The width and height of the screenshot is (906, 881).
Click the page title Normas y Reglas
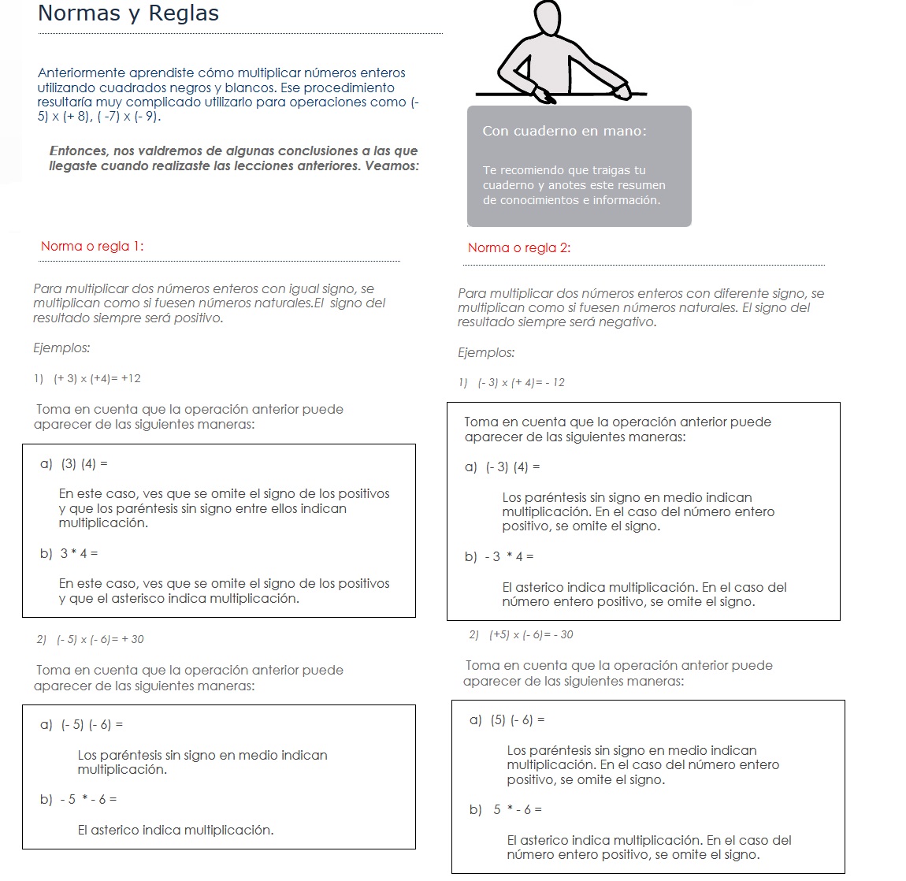[x=128, y=13]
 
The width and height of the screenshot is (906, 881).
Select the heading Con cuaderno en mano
[x=564, y=131]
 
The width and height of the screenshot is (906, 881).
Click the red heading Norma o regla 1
[x=92, y=246]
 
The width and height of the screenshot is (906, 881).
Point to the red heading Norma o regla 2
[x=519, y=247]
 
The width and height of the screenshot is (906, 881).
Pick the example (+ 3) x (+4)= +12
[x=97, y=378]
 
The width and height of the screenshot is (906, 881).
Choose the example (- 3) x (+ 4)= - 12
[x=521, y=383]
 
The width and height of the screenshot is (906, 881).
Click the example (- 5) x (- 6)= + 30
[x=100, y=639]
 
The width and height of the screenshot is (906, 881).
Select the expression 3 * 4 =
[x=79, y=554]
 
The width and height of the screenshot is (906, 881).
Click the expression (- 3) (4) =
[x=513, y=467]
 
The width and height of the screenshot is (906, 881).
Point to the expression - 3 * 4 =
[x=509, y=557]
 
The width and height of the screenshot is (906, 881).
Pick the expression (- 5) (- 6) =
[x=92, y=725]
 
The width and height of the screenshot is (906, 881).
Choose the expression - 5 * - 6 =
[x=88, y=800]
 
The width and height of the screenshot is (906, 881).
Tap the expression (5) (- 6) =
[x=518, y=720]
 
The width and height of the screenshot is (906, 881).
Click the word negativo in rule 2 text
[x=629, y=322]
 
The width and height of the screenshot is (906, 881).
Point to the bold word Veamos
[x=392, y=165]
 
